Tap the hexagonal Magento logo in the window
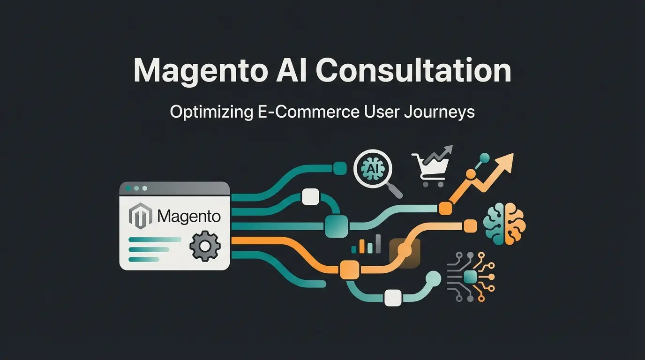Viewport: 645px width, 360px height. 141,216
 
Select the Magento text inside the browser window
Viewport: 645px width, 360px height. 189,217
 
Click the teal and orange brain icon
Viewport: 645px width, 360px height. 504,224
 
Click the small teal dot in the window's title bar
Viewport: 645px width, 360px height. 128,188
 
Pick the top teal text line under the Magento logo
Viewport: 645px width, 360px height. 155,240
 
